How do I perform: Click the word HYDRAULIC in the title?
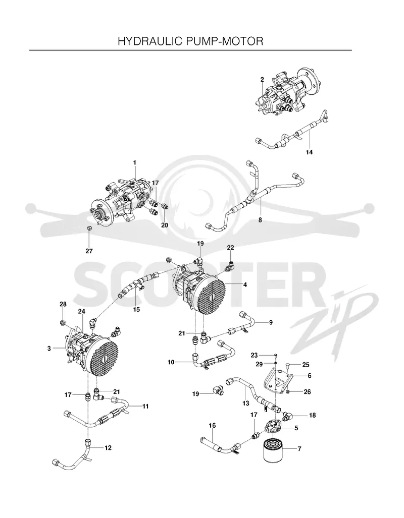pyautogui.click(x=149, y=41)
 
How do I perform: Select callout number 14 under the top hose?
pyautogui.click(x=309, y=152)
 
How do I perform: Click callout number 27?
pyautogui.click(x=89, y=251)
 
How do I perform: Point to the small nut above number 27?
pyautogui.click(x=89, y=228)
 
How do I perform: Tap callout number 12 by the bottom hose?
pyautogui.click(x=108, y=448)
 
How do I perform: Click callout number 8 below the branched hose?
pyautogui.click(x=260, y=220)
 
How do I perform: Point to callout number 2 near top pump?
pyautogui.click(x=262, y=79)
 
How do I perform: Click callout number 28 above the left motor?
pyautogui.click(x=63, y=304)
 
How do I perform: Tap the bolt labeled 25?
pyautogui.click(x=288, y=365)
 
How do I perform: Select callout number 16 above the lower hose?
pyautogui.click(x=212, y=426)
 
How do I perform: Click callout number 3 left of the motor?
pyautogui.click(x=49, y=348)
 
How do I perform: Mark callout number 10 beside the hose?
pyautogui.click(x=171, y=363)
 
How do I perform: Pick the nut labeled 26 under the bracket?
pyautogui.click(x=288, y=392)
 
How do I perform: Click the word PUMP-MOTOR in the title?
pyautogui.click(x=225, y=41)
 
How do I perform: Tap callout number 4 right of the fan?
pyautogui.click(x=245, y=284)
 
